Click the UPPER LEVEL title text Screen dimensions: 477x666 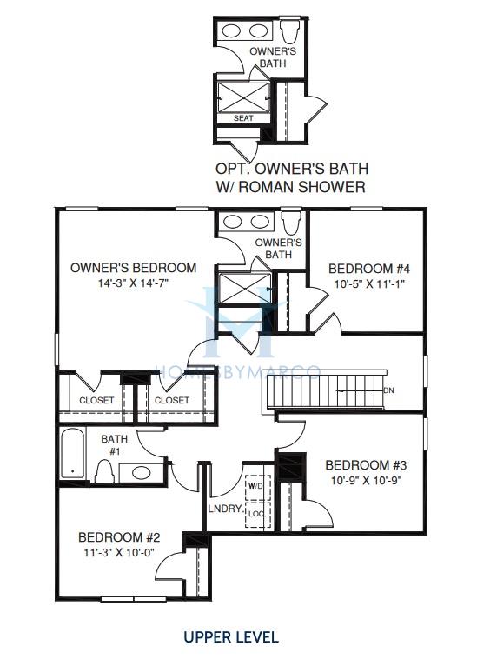point(231,636)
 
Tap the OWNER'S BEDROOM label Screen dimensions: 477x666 point(133,268)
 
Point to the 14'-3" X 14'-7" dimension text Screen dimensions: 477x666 point(134,283)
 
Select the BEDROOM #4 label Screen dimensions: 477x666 point(369,269)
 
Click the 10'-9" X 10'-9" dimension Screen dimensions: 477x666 point(367,481)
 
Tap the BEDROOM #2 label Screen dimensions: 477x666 point(119,537)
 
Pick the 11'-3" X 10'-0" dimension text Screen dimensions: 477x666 point(119,552)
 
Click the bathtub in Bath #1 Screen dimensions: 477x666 point(72,454)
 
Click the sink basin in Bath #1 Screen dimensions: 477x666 point(142,473)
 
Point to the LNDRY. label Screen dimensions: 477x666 point(226,509)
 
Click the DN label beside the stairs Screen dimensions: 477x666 point(388,390)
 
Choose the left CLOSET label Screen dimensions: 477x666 point(96,400)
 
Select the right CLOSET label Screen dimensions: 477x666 point(172,400)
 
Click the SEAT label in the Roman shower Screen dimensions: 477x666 point(243,118)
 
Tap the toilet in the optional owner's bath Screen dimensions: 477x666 point(289,30)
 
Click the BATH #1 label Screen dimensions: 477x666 point(114,444)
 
